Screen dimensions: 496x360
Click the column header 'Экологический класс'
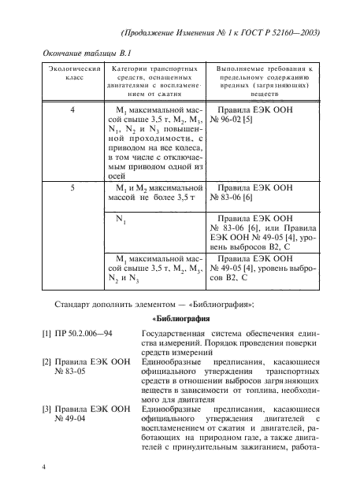click(x=72, y=76)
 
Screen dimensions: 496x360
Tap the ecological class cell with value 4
click(x=72, y=111)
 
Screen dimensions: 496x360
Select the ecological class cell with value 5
click(x=72, y=189)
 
